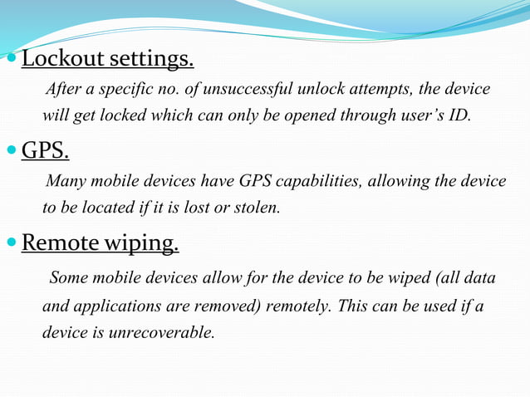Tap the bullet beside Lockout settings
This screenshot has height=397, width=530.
pyautogui.click(x=11, y=60)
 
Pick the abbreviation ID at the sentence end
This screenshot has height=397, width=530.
pyautogui.click(x=458, y=115)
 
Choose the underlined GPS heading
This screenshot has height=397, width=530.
pyautogui.click(x=45, y=151)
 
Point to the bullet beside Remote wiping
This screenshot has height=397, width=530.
pyautogui.click(x=11, y=244)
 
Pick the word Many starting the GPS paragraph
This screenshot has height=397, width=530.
pyautogui.click(x=66, y=181)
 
